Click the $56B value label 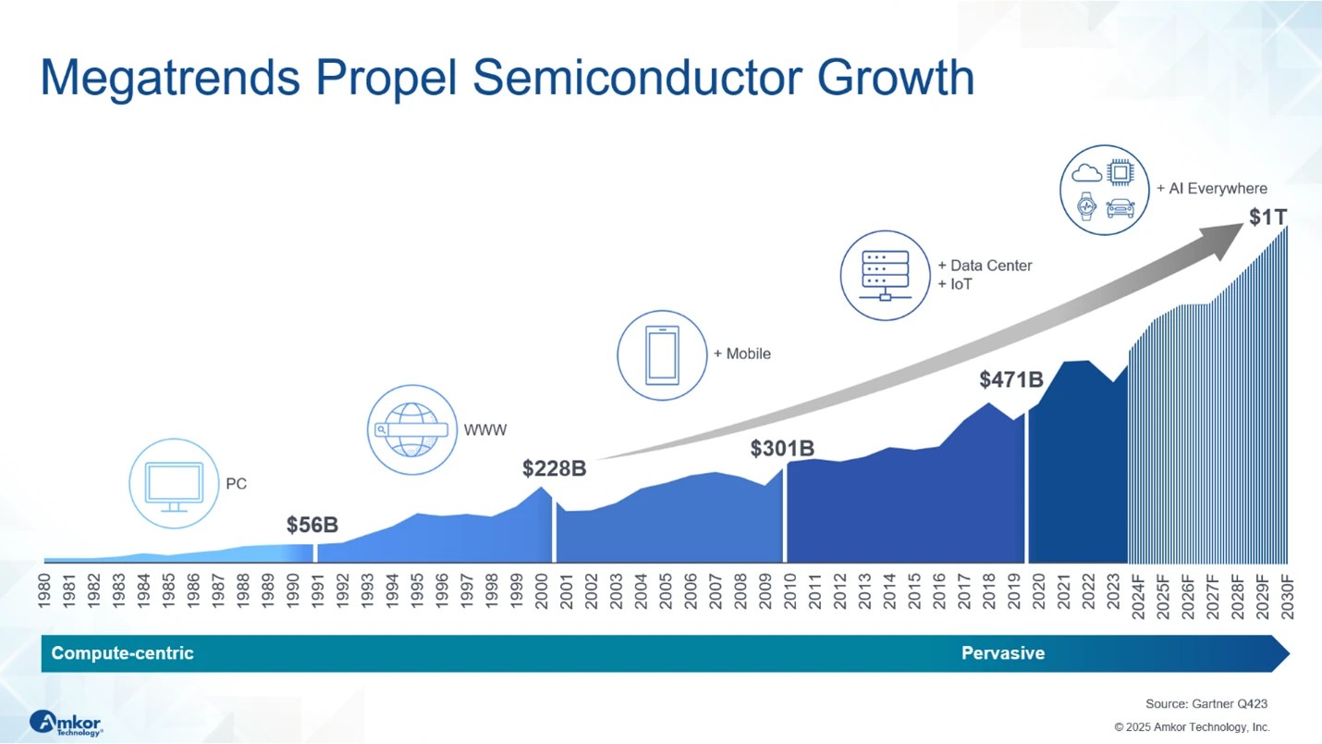tap(312, 525)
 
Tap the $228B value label tap(554, 468)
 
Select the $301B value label tap(782, 449)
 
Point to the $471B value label tap(1011, 379)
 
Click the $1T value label tap(1267, 217)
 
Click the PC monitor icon tap(174, 487)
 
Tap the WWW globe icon tap(411, 429)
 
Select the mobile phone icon tap(662, 355)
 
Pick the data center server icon tap(886, 276)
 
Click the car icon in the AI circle tap(1120, 208)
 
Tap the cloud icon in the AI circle tap(1086, 173)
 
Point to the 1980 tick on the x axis tap(44, 590)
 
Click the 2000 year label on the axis tap(542, 590)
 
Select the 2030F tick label tap(1288, 596)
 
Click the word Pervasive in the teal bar tap(1003, 653)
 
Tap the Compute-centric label tap(122, 653)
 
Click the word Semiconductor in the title tap(637, 78)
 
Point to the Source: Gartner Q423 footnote tap(1206, 704)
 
